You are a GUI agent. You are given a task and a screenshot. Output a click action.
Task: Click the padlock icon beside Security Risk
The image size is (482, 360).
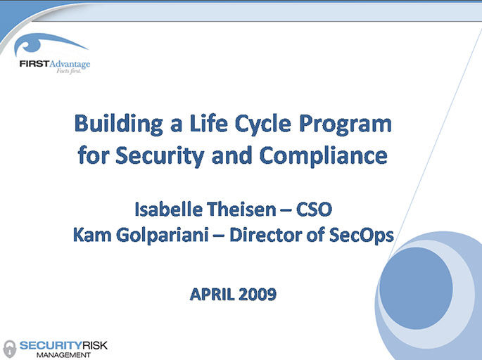click(x=9, y=347)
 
